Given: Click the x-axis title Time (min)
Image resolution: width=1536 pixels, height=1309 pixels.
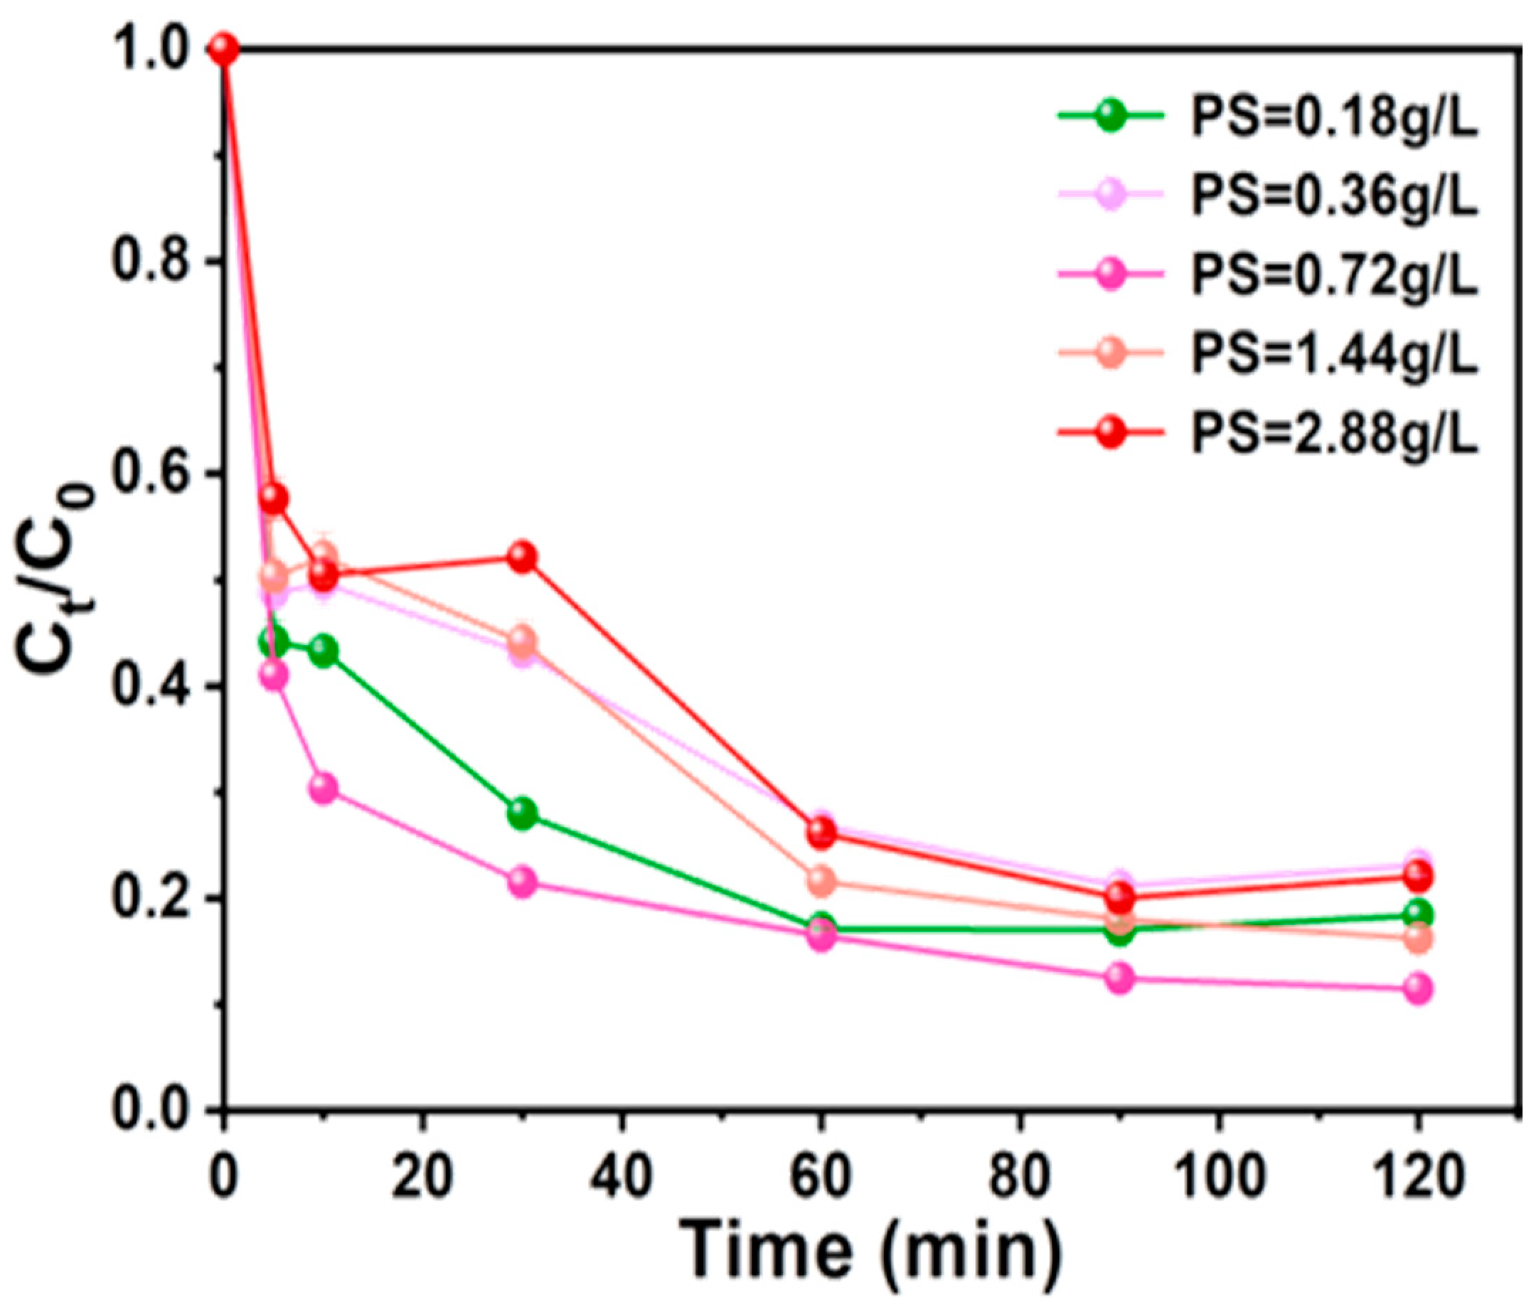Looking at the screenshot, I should [x=871, y=1251].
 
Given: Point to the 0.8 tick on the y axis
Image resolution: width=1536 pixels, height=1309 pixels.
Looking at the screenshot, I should [x=153, y=262].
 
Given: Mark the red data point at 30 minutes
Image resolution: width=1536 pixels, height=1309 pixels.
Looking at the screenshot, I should [x=523, y=557].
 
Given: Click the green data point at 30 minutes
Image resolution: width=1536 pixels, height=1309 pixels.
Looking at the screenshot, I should [x=523, y=814].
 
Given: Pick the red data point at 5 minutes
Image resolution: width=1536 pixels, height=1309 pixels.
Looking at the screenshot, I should [x=274, y=499].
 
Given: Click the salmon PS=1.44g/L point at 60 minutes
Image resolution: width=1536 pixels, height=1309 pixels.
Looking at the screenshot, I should [x=821, y=880].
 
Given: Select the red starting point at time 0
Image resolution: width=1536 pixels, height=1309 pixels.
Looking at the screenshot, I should [x=224, y=50].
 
